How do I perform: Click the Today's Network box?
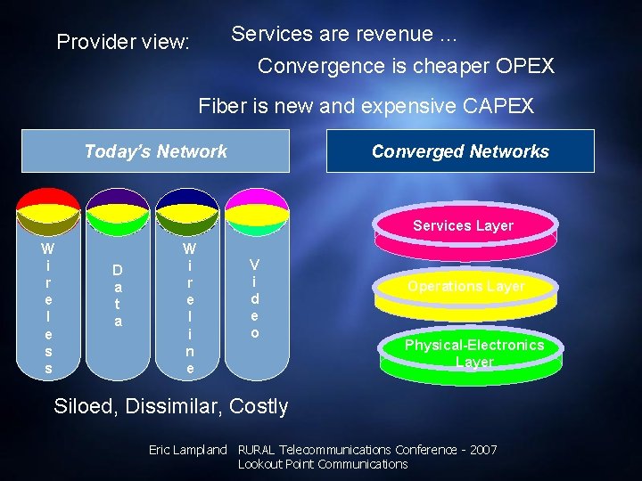[x=155, y=151]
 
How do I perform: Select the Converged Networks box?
[x=460, y=151]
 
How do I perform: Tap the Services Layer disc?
[x=464, y=231]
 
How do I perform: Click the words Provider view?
[x=123, y=42]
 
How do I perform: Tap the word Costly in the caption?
[x=259, y=406]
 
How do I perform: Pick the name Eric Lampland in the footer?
[x=187, y=450]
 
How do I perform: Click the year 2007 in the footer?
[x=481, y=450]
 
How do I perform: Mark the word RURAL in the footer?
[x=257, y=450]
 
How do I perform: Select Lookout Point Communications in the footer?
[x=322, y=464]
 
